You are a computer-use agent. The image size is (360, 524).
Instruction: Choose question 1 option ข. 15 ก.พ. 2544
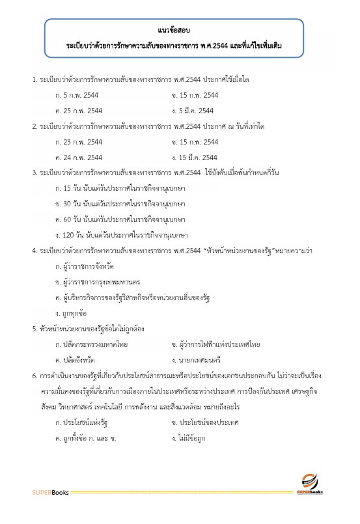pyautogui.click(x=195, y=95)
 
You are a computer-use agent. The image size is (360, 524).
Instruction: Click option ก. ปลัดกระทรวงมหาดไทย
pyautogui.click(x=92, y=343)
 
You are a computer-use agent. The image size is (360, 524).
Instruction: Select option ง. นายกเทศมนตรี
pyautogui.click(x=201, y=359)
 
